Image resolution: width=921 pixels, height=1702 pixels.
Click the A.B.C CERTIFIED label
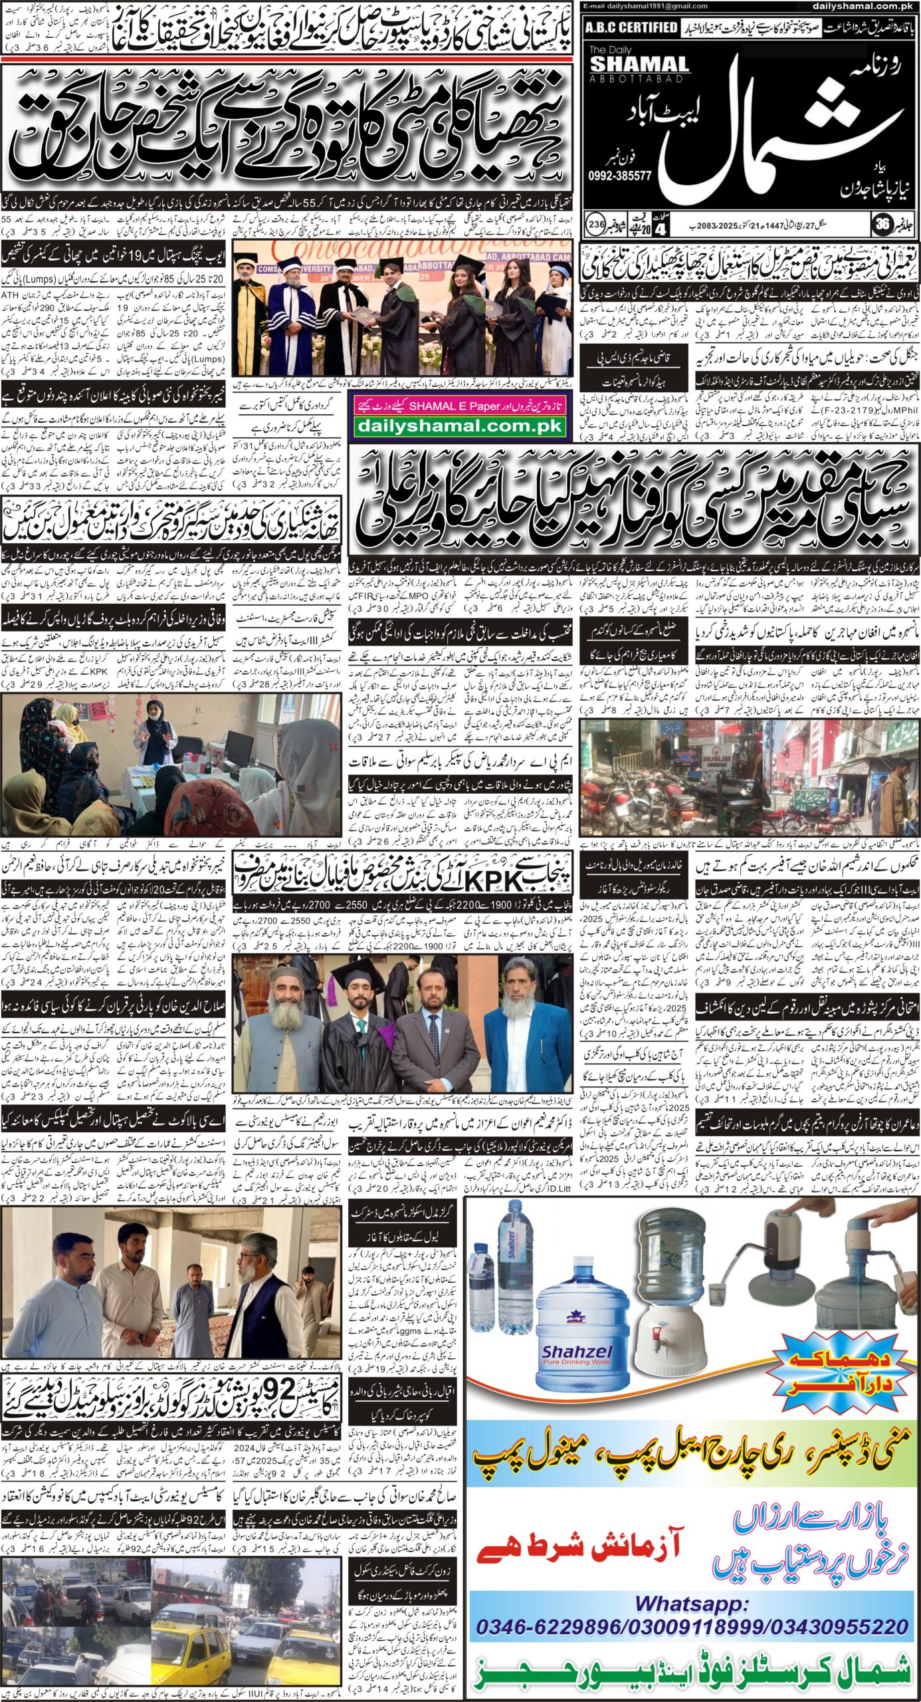pyautogui.click(x=631, y=27)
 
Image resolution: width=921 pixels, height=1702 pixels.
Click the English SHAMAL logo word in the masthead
pyautogui.click(x=639, y=64)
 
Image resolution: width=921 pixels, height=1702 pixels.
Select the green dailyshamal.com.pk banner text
pyautogui.click(x=459, y=427)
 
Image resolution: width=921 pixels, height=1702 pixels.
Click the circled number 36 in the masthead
pyautogui.click(x=881, y=225)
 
